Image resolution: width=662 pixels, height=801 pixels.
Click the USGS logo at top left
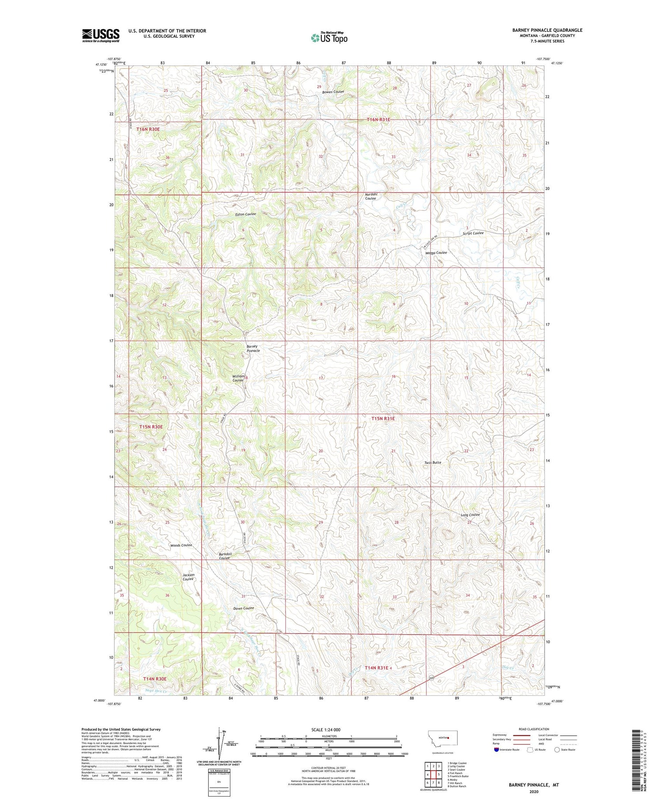(x=101, y=35)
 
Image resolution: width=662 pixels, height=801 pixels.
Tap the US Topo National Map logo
(x=329, y=38)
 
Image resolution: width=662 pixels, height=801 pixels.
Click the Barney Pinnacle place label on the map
(x=253, y=348)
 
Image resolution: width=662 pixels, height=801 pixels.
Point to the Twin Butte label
(x=433, y=462)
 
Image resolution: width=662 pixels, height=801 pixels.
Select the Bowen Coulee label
(x=333, y=91)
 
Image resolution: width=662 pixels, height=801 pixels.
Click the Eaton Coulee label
(x=245, y=214)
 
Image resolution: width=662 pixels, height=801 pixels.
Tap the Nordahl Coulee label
(x=371, y=196)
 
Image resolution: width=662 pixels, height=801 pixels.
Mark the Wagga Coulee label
(x=436, y=252)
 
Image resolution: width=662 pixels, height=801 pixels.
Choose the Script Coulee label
(x=473, y=233)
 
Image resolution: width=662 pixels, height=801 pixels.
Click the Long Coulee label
(x=470, y=515)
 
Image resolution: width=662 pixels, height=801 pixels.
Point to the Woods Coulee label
(x=181, y=545)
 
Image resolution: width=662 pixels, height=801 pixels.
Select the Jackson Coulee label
(x=188, y=577)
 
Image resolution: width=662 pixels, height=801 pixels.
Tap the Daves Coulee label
(x=244, y=608)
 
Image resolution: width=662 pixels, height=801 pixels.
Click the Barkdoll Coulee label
(x=225, y=556)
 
